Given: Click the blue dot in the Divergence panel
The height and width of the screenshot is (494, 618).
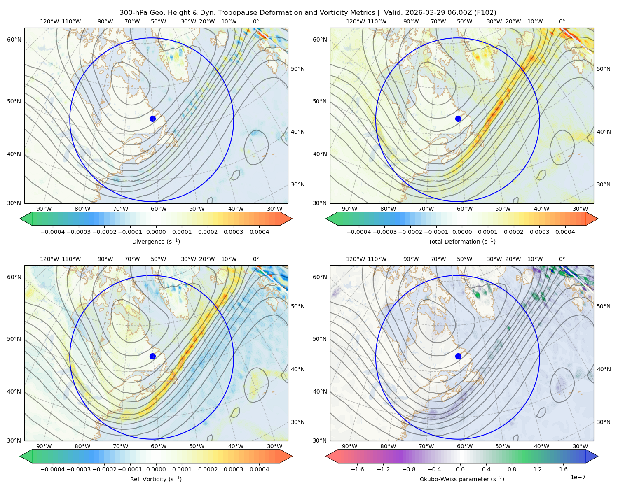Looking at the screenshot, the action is click(x=152, y=119).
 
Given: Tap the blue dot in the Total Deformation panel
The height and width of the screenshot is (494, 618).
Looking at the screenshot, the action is click(x=458, y=119).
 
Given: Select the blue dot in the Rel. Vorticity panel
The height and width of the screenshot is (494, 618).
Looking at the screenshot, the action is click(x=152, y=356).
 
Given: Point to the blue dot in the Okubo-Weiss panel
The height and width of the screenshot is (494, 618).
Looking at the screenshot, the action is click(x=458, y=356).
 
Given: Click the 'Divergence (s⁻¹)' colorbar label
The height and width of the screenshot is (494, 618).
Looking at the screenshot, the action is click(x=156, y=241).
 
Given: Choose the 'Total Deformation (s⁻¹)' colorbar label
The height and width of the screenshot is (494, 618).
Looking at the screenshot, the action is click(x=462, y=241).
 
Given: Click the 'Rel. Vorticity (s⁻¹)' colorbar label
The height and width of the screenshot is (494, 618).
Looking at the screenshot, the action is click(x=156, y=479).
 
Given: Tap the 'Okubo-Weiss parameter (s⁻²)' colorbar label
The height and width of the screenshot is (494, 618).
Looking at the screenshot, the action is click(x=462, y=479).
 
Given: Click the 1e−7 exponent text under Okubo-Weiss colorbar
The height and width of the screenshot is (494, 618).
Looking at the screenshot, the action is click(x=578, y=477).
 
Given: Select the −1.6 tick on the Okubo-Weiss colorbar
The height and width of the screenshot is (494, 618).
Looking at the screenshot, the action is click(x=357, y=469).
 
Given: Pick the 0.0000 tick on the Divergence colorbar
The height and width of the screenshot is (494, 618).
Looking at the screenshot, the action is click(x=156, y=232).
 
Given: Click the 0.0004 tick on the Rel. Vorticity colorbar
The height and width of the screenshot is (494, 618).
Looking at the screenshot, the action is click(x=259, y=469).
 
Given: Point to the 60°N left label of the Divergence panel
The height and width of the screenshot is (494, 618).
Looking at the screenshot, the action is click(x=14, y=40).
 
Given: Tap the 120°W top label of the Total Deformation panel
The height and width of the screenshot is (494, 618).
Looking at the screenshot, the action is click(x=356, y=21).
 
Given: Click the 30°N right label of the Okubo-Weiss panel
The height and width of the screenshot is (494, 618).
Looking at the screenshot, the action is click(x=603, y=422).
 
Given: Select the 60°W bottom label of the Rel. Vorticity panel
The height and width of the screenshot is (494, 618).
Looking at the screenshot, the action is click(x=159, y=446).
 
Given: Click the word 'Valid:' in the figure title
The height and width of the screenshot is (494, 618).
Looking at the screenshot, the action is click(x=393, y=13).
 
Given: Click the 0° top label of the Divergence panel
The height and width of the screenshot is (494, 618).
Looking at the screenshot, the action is click(x=256, y=21).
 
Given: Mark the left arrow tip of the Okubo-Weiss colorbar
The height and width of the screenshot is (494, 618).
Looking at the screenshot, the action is click(x=326, y=456).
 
